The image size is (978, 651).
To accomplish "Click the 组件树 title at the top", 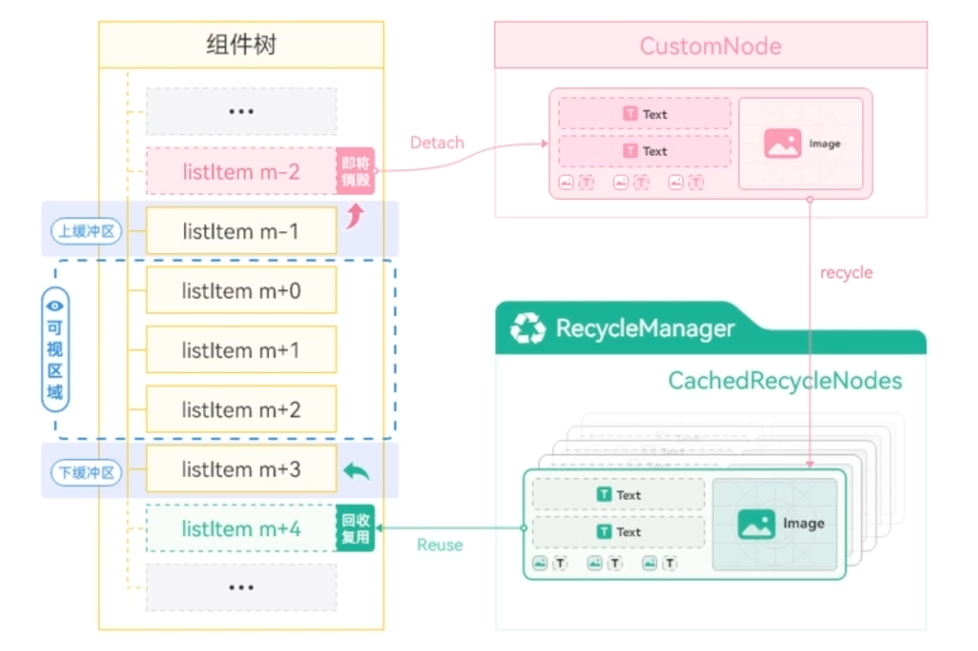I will click(x=241, y=45).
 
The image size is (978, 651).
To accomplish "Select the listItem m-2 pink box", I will click(x=241, y=172).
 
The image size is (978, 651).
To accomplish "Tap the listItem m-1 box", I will click(x=241, y=231).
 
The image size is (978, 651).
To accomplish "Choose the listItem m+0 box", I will click(x=241, y=291).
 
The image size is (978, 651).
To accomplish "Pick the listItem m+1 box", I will click(x=241, y=350).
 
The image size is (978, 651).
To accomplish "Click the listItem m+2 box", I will click(x=241, y=410).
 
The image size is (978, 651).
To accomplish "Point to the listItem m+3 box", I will click(x=241, y=469).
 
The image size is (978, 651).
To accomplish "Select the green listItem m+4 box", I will click(x=241, y=529).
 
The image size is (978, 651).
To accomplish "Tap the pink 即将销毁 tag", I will click(x=355, y=172).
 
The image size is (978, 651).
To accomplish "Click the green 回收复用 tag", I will click(x=355, y=529).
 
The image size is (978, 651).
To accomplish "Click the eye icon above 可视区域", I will click(x=55, y=306).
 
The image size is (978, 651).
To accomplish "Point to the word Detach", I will click(x=437, y=143).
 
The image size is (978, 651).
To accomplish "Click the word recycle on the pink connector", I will click(x=846, y=272).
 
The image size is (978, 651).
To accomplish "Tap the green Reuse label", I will click(x=439, y=545).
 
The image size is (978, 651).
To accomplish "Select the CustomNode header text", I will click(x=710, y=46).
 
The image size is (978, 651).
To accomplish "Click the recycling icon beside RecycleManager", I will click(x=529, y=329).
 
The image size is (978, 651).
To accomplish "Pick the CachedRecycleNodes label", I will click(x=785, y=380).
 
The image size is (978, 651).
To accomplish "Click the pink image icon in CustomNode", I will click(x=782, y=143).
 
